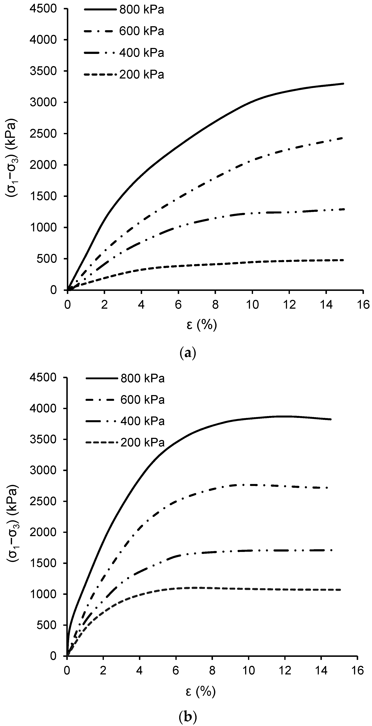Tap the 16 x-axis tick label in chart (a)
coord(363,305)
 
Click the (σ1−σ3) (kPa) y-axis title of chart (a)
coord(13,158)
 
